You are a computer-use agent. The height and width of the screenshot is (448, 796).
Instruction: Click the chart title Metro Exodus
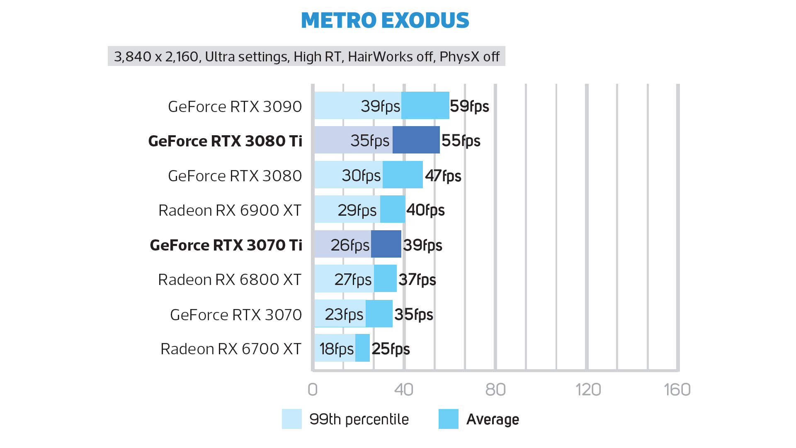(x=385, y=20)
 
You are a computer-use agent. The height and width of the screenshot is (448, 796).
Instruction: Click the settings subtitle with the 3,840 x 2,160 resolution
(x=306, y=56)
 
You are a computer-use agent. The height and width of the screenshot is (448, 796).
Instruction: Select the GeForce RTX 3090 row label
(x=235, y=107)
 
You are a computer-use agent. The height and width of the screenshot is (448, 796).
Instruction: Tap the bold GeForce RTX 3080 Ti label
(x=225, y=141)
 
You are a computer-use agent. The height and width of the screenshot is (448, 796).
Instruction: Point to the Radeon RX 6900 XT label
(x=230, y=210)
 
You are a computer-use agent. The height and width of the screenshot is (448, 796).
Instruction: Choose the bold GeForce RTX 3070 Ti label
(x=226, y=245)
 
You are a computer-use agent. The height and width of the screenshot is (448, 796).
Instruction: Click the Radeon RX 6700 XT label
(x=231, y=349)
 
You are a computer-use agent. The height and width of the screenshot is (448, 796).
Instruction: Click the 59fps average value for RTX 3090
(x=469, y=106)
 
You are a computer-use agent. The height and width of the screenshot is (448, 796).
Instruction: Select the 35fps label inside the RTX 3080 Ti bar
(x=370, y=141)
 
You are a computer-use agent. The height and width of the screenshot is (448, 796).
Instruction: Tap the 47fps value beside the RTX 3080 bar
(x=443, y=176)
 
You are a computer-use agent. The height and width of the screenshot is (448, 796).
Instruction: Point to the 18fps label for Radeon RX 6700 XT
(x=336, y=349)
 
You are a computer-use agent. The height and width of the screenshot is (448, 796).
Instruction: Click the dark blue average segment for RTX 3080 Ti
(x=416, y=140)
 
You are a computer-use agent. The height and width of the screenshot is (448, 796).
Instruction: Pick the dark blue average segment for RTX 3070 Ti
(x=386, y=244)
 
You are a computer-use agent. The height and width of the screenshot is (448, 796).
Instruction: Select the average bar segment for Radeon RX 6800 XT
(x=385, y=278)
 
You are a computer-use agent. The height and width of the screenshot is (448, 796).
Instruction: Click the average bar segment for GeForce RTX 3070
(x=379, y=314)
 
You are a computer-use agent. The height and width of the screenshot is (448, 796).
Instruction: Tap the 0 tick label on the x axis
(x=313, y=390)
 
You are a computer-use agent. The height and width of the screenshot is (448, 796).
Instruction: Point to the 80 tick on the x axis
(x=495, y=390)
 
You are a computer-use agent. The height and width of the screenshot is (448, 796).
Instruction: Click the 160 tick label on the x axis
(x=677, y=390)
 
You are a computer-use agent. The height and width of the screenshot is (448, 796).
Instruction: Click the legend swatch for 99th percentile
(x=291, y=419)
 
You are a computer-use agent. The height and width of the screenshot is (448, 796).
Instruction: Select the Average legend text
(x=493, y=419)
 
